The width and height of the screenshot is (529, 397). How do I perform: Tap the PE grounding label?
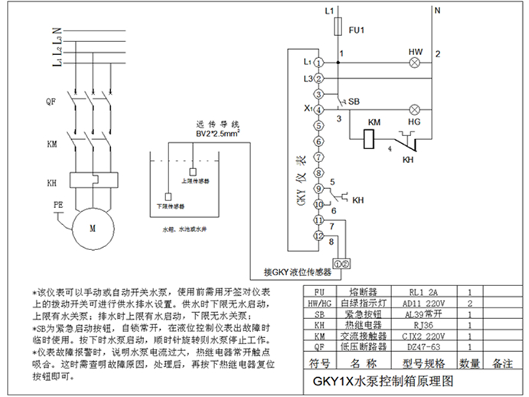point(58,204)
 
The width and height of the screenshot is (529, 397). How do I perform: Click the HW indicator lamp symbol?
point(416,65)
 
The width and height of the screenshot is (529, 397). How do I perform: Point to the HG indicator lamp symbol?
point(416,109)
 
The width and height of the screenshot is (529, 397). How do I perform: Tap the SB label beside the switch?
point(354,101)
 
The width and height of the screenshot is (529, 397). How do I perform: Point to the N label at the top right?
point(437,11)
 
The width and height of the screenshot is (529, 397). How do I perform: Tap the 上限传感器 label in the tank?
point(196,181)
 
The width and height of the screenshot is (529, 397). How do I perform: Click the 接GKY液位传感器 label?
point(297,272)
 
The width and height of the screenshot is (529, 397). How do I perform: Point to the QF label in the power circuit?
point(52,99)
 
